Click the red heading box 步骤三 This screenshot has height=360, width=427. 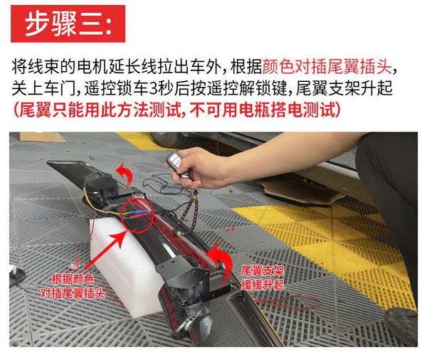68,23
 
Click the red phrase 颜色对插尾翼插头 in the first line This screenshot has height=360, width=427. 327,67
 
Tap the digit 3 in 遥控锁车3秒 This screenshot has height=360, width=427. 154,88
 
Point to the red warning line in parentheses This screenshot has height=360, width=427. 177,110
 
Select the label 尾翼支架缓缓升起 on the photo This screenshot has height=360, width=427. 263,277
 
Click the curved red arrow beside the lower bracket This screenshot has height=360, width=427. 219,261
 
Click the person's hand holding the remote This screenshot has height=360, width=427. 201,167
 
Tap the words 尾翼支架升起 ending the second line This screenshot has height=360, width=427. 344,88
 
